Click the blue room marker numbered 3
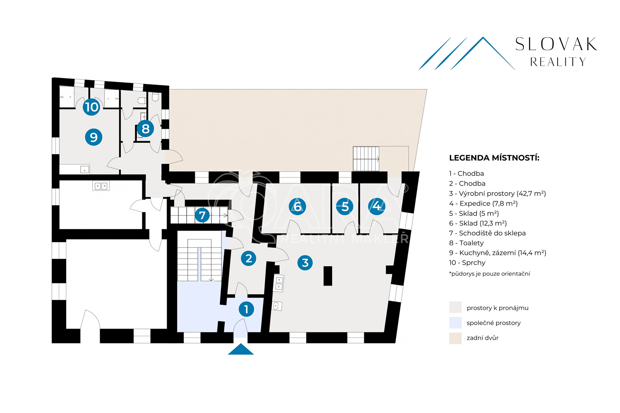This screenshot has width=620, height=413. point(305,262)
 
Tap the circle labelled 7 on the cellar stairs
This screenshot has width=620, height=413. point(202,215)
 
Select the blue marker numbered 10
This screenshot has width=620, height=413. point(91,107)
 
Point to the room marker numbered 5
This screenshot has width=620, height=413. point(344,206)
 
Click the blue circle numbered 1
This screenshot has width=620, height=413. point(246,309)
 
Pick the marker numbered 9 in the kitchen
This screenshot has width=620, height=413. point(93,137)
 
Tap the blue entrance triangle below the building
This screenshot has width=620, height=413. point(241,349)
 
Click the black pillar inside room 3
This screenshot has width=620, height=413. point(328,276)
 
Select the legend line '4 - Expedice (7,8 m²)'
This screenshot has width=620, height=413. point(483,203)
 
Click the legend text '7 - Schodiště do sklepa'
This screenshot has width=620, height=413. point(487,233)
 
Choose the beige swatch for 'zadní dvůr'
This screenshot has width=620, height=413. point(455,338)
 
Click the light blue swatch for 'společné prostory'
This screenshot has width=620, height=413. point(455,323)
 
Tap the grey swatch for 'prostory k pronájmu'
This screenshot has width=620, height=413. point(455,307)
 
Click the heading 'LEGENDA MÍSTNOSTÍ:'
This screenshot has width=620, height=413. point(494,158)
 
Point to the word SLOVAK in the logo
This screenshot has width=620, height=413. point(556,44)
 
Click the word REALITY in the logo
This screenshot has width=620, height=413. point(558,62)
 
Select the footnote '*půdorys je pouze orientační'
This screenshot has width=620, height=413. point(489,274)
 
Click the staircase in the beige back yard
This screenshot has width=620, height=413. point(366,159)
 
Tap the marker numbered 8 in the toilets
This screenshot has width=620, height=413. point(145,129)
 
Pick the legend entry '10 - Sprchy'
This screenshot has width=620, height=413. point(467,263)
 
